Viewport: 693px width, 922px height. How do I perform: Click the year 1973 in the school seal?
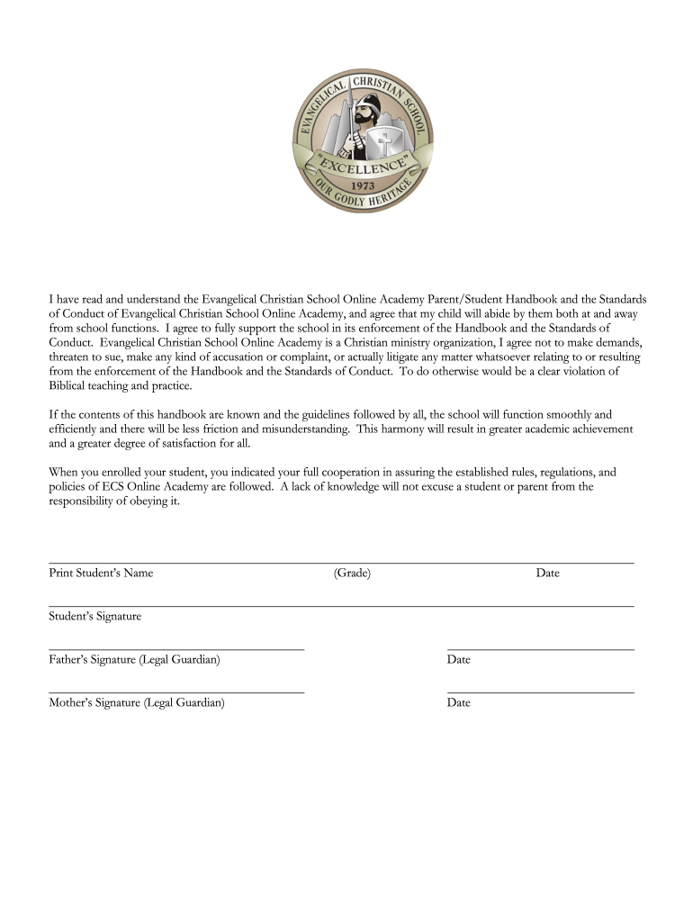coord(363,187)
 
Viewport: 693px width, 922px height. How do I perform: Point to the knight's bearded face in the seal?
coord(358,117)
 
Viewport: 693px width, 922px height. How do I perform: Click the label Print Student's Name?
coord(101,573)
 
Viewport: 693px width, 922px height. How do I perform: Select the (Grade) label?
coord(352,573)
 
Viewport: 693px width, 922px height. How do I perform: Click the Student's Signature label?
coord(94,617)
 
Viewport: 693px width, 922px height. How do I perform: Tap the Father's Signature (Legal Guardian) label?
coord(134,660)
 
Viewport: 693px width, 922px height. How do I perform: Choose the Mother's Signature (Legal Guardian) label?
coord(137,703)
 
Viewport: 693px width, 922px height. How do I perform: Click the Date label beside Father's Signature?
coord(458,660)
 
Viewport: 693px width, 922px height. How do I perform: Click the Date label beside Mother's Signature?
coord(458,703)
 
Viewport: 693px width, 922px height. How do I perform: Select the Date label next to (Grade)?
coord(547,573)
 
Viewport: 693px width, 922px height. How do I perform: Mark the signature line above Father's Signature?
coord(176,649)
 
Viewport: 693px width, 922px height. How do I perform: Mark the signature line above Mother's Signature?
coord(176,692)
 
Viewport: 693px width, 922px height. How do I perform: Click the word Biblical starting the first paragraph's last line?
coord(70,386)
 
